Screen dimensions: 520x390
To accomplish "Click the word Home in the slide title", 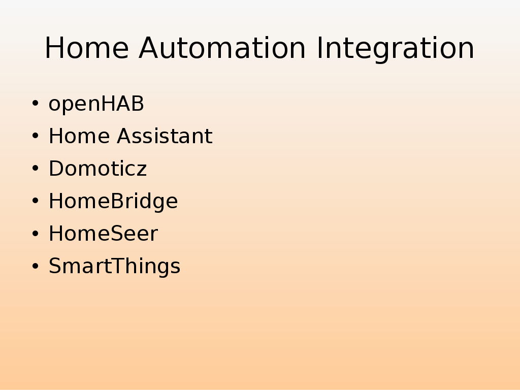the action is coord(86,48).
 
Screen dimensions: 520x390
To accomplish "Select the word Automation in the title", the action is coord(222,48).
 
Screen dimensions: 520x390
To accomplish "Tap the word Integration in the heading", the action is coord(396,49).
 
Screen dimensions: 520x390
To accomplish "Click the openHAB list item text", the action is coord(96,104).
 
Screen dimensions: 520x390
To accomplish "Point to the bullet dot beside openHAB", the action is coord(35,103).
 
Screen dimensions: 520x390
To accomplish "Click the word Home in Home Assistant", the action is coord(79,136).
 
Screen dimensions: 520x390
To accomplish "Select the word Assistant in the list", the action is coord(165,136).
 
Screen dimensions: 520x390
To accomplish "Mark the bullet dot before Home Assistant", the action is coord(35,136).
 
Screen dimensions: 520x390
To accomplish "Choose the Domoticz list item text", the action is coord(98,169).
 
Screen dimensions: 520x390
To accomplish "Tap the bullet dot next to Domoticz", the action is coord(35,168).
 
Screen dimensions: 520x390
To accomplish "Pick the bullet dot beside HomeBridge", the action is coord(35,201).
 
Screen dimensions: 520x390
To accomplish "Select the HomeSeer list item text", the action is coord(104,234).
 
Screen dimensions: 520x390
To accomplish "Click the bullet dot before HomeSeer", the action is coord(35,233).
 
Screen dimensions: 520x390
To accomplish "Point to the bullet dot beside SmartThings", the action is coord(35,266).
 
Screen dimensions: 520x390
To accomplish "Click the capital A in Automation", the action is coord(150,48).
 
